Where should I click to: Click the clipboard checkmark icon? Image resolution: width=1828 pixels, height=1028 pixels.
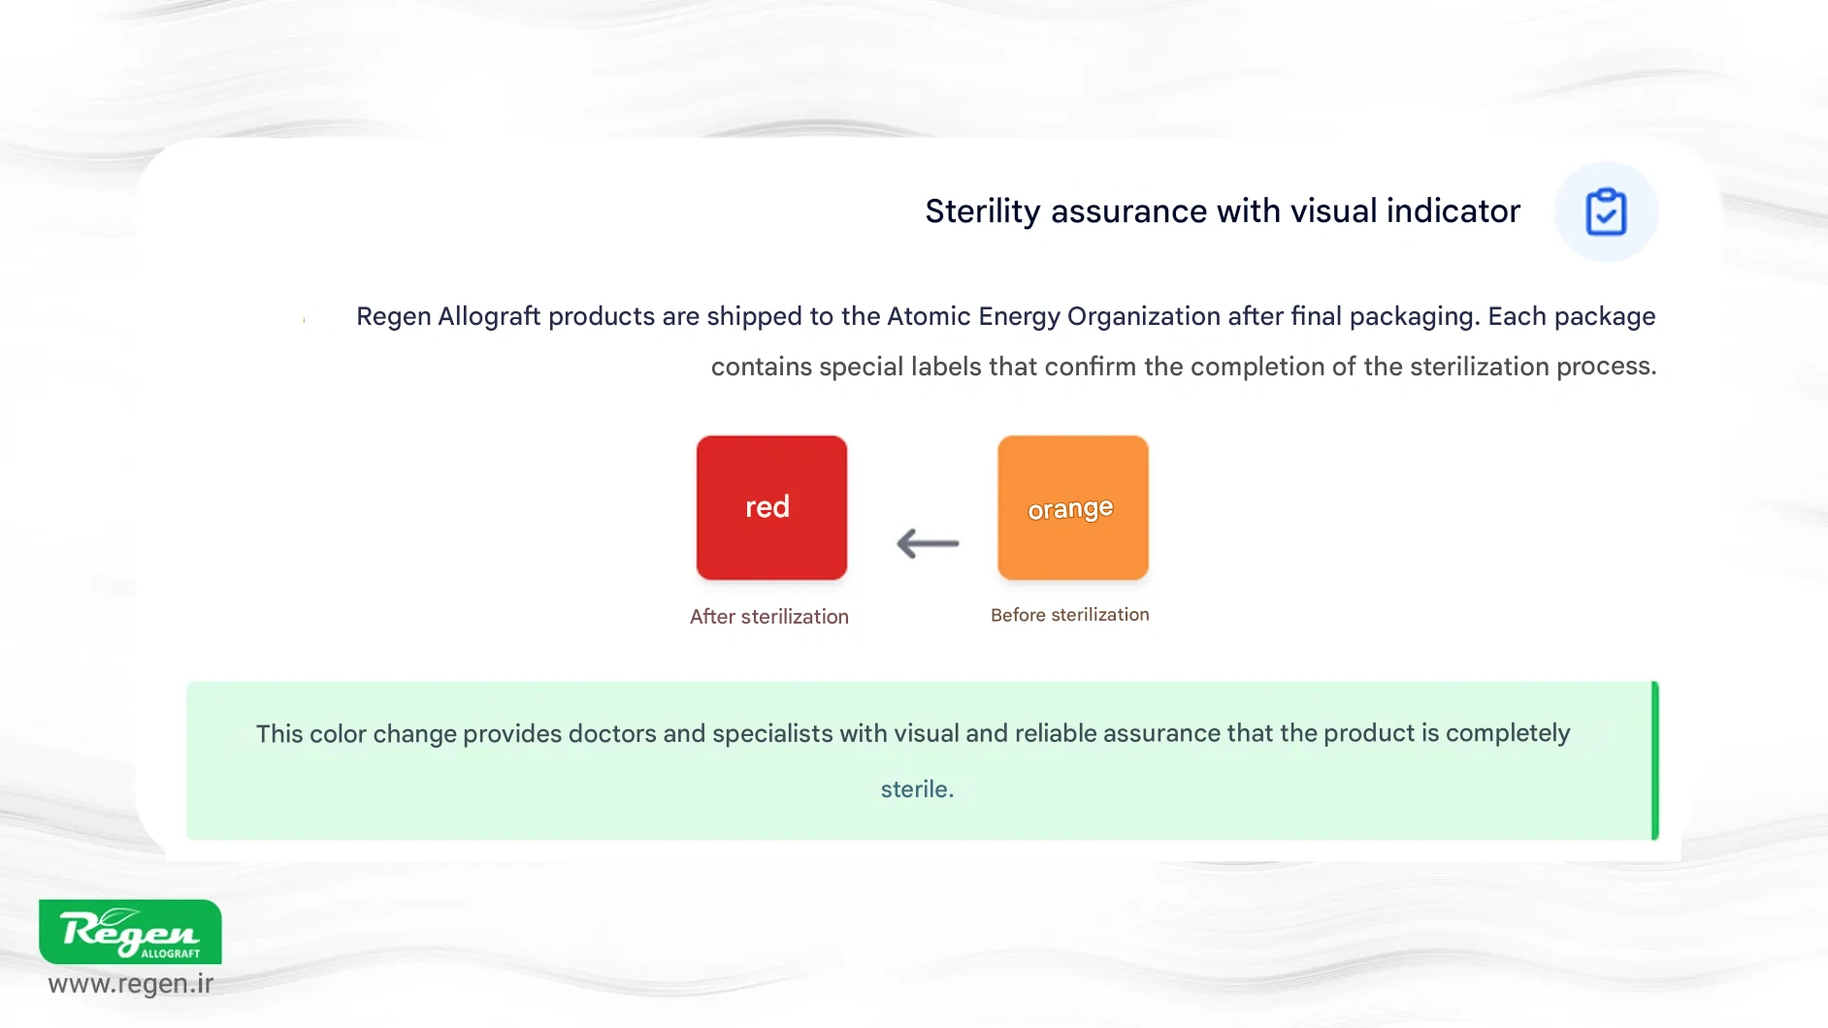coord(1606,211)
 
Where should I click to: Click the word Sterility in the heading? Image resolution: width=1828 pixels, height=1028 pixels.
coord(983,211)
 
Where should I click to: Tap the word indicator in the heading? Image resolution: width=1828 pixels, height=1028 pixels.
coord(1453,210)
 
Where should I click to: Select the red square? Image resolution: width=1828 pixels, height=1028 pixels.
coord(771,507)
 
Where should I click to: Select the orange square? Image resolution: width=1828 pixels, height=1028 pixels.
coord(1073,507)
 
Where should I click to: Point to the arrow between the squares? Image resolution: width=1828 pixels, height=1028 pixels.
coord(928,543)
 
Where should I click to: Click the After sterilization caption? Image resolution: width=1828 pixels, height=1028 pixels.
coord(769,617)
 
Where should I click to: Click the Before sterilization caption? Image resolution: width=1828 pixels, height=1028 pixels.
coord(1069,615)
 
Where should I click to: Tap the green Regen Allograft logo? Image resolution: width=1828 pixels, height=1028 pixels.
coord(130,931)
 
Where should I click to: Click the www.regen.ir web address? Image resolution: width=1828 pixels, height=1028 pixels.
coord(131,983)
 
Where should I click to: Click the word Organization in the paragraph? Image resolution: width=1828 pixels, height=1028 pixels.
coord(1144,317)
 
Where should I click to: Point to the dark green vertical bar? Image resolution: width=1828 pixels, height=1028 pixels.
coord(1655,760)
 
